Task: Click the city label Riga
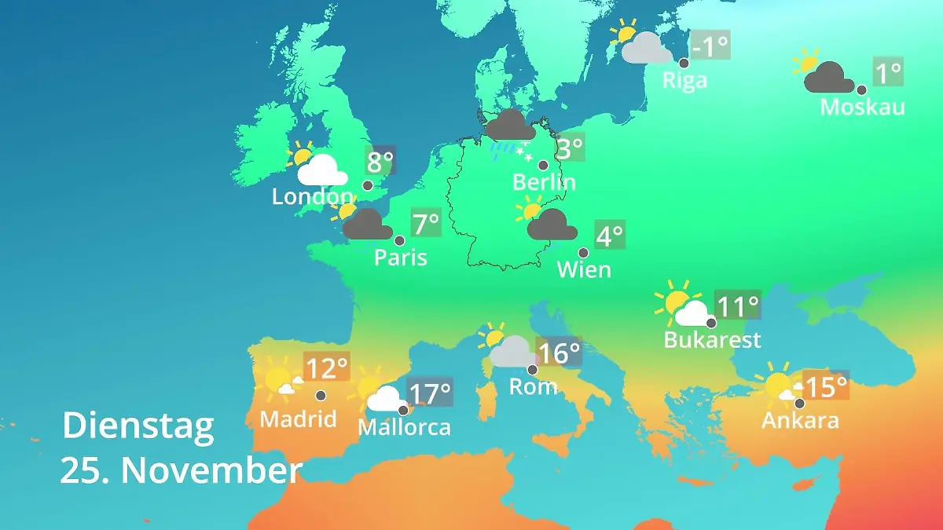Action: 684,80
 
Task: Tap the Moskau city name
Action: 862,107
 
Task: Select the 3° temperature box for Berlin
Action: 571,147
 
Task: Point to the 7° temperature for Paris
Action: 427,224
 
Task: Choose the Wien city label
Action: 584,270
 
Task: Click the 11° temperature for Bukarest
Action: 738,305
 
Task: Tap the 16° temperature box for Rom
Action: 560,353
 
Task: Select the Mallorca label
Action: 404,428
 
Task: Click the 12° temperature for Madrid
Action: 326,367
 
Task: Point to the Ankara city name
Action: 800,421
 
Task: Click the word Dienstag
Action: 138,426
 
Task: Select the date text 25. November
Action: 181,471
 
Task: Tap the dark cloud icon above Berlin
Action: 511,126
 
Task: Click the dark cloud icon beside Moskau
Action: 829,78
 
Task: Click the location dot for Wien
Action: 583,253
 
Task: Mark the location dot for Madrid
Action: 321,396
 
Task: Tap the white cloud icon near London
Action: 322,170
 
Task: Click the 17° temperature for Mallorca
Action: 430,392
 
